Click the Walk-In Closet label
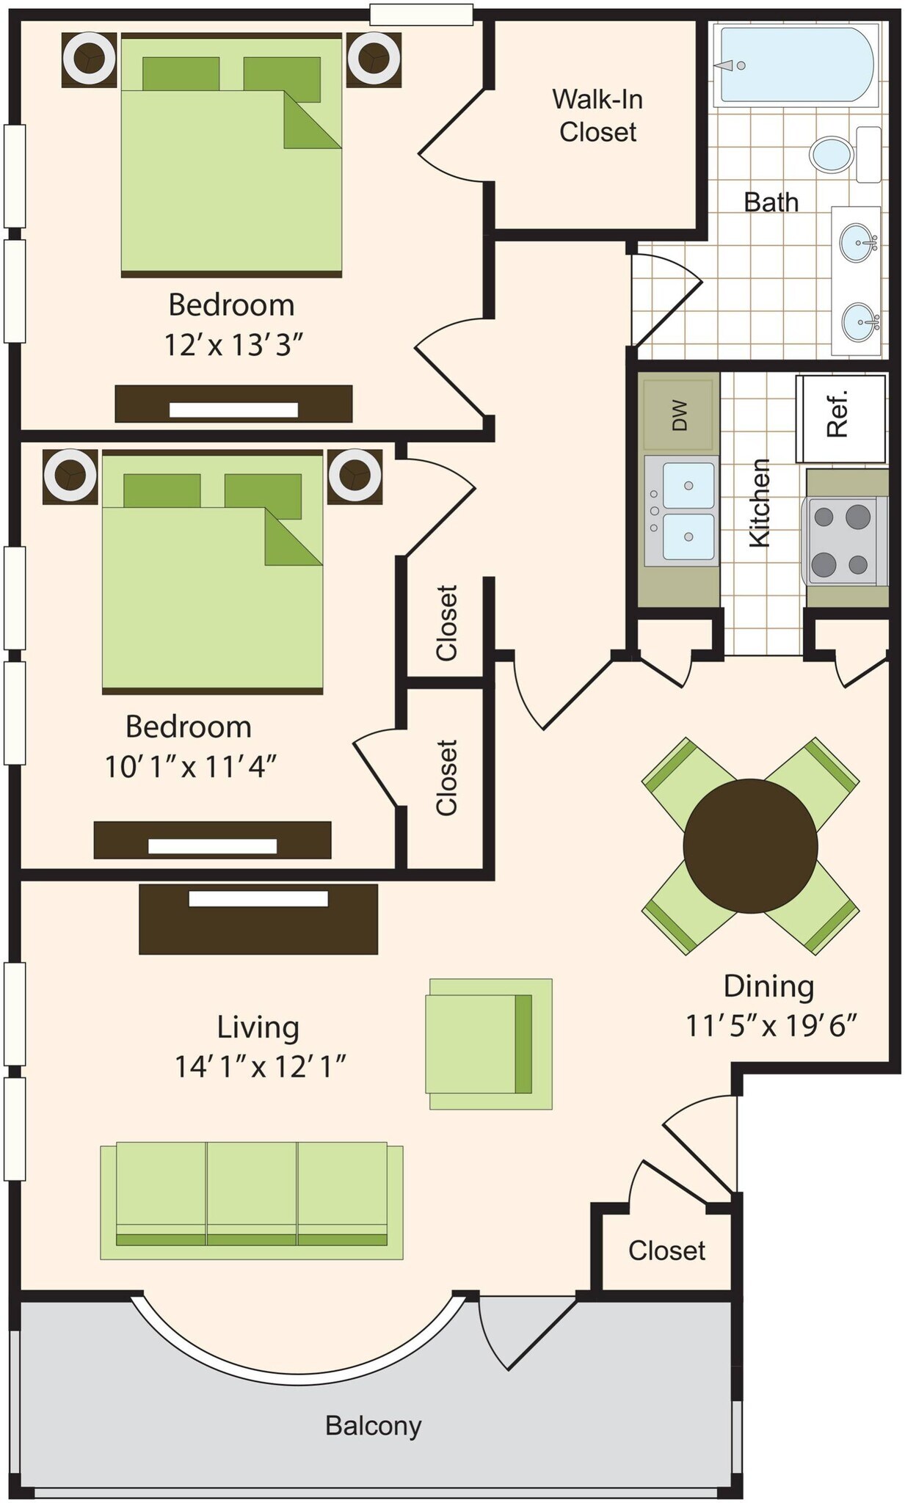click(597, 115)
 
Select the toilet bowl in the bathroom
click(832, 154)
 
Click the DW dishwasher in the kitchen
click(678, 415)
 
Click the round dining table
click(750, 845)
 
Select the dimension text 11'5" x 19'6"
click(771, 1025)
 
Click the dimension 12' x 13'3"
click(233, 344)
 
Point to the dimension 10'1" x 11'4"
click(191, 767)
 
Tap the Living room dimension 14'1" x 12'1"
click(260, 1066)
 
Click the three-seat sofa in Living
click(251, 1201)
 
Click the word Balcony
click(373, 1425)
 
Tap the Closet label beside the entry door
click(666, 1250)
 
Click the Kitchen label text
click(759, 503)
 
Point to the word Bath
click(771, 202)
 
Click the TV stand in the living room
click(258, 918)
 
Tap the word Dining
click(768, 986)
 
